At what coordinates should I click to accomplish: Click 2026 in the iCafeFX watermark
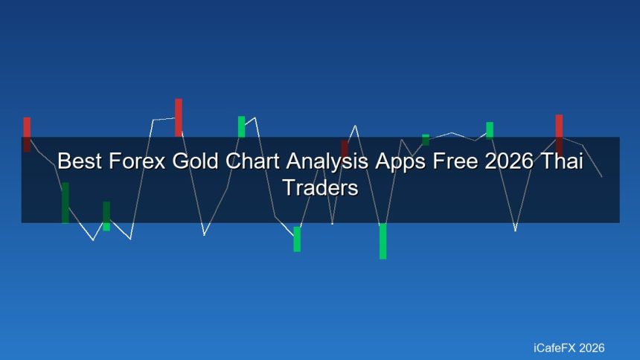tap(592, 347)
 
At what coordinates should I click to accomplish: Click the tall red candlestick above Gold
tap(179, 117)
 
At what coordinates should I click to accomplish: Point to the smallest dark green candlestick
tap(426, 139)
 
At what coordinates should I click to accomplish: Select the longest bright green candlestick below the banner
tap(383, 241)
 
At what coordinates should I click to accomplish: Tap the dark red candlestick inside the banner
tap(345, 148)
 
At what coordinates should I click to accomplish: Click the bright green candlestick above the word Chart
tap(241, 126)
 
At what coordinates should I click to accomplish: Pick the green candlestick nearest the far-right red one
tap(490, 129)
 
